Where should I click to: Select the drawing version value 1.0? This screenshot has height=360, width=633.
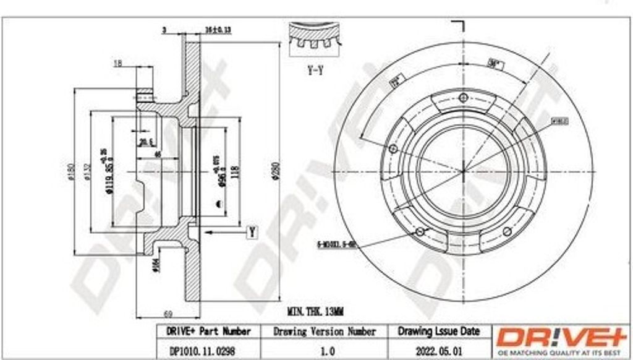pos(324,349)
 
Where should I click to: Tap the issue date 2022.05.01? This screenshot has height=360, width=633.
pos(438,349)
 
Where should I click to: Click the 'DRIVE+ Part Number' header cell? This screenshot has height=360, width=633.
pos(208,332)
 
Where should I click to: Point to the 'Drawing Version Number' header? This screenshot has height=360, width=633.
pos(324,332)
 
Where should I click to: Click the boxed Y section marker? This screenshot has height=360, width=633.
pos(252,232)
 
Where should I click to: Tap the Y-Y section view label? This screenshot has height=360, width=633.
pos(315,71)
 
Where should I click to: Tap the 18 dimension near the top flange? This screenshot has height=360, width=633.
pos(117,62)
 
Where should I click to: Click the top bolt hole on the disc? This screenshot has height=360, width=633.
pos(463,97)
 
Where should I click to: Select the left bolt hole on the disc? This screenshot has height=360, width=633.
pos(392,148)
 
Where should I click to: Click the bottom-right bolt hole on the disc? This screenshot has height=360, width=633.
pos(507,231)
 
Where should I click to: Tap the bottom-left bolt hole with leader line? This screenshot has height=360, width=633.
pos(420,231)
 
